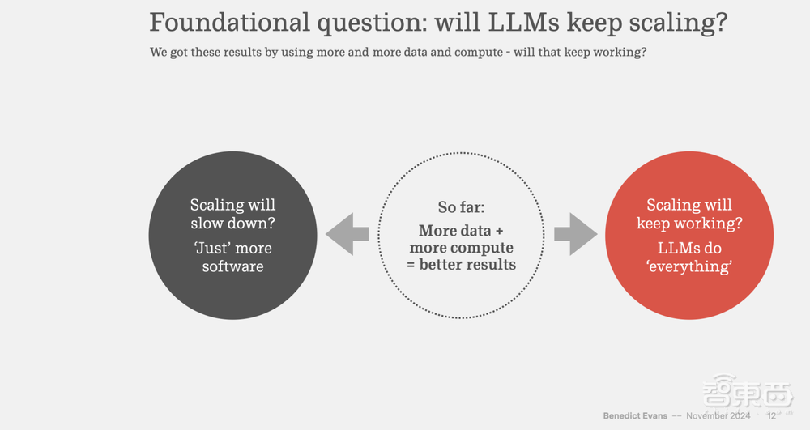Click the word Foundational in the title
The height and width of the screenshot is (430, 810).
click(x=230, y=22)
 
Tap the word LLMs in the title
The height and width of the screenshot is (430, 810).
click(x=524, y=22)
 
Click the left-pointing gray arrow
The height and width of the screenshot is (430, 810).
click(x=347, y=234)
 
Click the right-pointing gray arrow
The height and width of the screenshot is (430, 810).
click(x=576, y=234)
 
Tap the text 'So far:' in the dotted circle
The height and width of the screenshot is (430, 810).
click(x=462, y=207)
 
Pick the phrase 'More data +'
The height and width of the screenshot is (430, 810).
click(x=461, y=230)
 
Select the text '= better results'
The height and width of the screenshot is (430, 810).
click(x=462, y=264)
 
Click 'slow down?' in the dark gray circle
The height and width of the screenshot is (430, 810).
click(x=233, y=223)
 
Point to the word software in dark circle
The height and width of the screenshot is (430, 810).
click(x=233, y=266)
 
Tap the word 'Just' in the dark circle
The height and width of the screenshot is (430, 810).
click(x=211, y=248)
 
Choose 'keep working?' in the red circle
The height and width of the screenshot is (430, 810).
click(x=689, y=223)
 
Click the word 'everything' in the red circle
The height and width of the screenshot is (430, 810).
click(x=689, y=266)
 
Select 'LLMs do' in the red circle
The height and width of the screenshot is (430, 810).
click(x=689, y=249)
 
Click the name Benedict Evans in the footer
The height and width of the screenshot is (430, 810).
click(x=635, y=415)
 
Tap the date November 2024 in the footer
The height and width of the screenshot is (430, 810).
click(x=718, y=415)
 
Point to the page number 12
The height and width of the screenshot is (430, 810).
click(x=771, y=415)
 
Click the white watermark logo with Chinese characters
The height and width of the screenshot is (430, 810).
click(x=748, y=392)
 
